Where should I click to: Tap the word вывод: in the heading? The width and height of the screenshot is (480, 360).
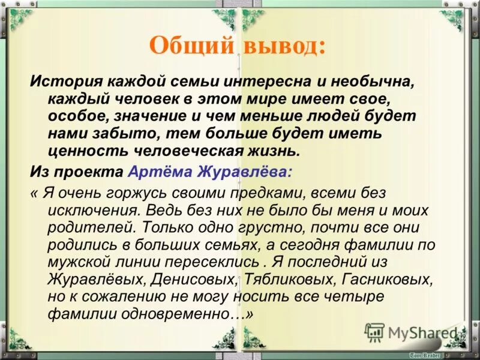[x=283, y=46]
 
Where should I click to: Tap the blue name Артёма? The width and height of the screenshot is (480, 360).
[x=158, y=171]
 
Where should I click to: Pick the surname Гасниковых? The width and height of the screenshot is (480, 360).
[x=388, y=280]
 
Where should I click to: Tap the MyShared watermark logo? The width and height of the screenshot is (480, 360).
[x=414, y=332]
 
